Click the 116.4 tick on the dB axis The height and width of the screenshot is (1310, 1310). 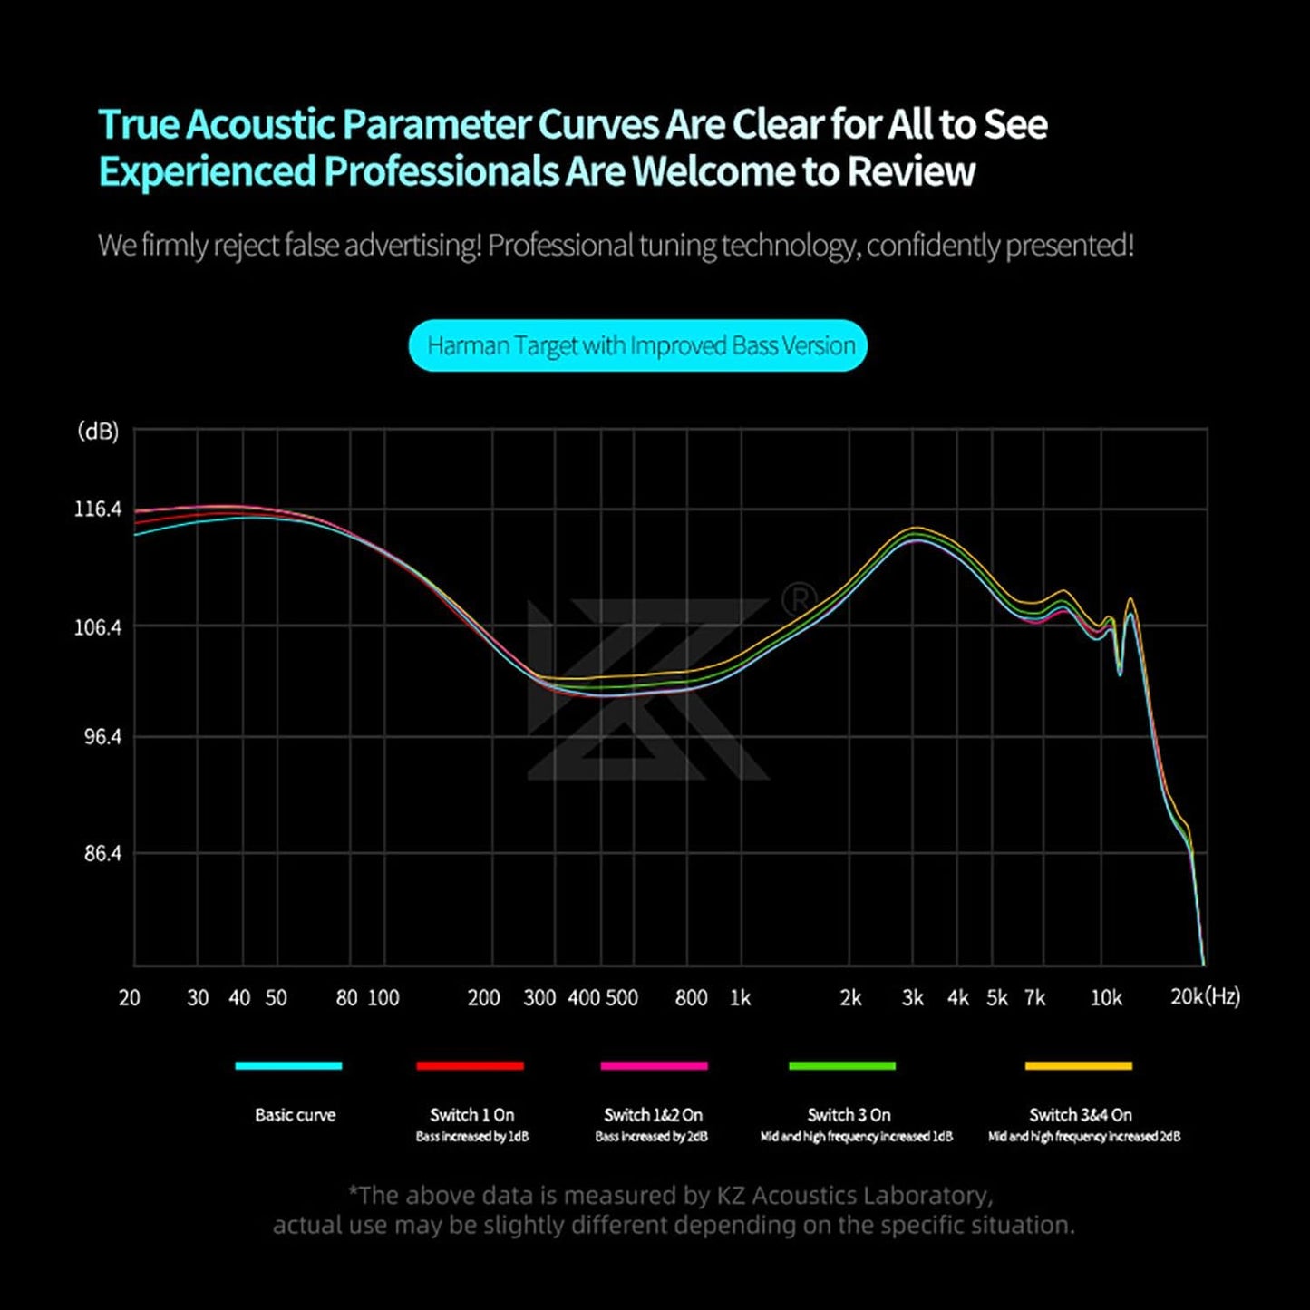[98, 509]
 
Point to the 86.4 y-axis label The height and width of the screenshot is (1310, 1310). [102, 853]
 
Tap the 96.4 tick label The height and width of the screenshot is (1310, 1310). [102, 736]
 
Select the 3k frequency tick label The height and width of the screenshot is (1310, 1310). [913, 998]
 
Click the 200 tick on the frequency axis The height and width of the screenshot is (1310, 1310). [483, 998]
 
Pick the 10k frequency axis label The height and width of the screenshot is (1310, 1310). [1106, 998]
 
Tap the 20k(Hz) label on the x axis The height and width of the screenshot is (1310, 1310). [1205, 996]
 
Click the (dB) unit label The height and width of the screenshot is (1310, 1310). [98, 431]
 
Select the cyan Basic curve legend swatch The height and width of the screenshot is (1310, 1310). [288, 1065]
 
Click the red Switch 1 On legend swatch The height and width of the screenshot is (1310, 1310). [470, 1065]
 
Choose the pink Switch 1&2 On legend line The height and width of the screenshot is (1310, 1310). [654, 1065]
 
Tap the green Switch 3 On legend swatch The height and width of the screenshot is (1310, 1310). [842, 1065]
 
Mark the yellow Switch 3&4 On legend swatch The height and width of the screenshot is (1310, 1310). [1078, 1065]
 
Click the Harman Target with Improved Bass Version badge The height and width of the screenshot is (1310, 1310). [638, 345]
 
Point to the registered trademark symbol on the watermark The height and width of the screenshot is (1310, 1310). [798, 598]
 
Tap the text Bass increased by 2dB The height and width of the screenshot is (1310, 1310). [652, 1137]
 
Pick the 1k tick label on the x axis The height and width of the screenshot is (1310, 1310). [740, 998]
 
